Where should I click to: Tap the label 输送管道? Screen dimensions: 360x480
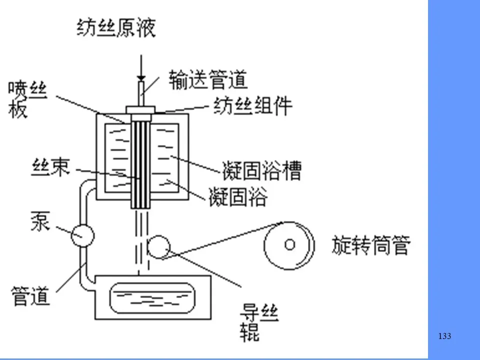tap(208, 79)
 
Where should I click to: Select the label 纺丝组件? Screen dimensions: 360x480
tap(253, 106)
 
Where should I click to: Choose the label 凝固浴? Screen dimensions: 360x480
tap(238, 197)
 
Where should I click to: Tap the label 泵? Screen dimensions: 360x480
tap(40, 221)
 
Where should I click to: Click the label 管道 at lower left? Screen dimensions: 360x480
tap(31, 295)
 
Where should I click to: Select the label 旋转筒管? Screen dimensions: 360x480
tap(371, 245)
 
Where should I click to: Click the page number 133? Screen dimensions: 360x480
tap(444, 336)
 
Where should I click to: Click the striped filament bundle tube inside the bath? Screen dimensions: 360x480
tap(141, 160)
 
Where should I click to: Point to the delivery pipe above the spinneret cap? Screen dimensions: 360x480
tap(141, 93)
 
